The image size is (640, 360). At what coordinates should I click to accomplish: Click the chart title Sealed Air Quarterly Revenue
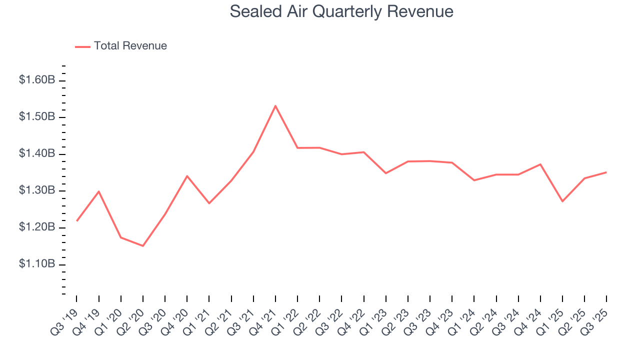coord(341,11)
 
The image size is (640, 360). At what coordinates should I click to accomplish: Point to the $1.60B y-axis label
coord(36,80)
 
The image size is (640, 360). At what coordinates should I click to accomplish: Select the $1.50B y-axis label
coord(36,117)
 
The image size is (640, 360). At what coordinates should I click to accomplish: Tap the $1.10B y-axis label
coord(36,264)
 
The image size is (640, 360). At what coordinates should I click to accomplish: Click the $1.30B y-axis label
coord(36,190)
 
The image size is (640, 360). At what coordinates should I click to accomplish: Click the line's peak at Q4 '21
coord(275,105)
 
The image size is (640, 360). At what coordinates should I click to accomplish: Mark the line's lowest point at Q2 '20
coord(143,246)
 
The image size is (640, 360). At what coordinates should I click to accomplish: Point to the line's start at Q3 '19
coord(76,220)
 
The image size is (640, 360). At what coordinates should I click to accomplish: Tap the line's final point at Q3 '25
coord(606,172)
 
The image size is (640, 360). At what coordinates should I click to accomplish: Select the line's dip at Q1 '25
coord(562,201)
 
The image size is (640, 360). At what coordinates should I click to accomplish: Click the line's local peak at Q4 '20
coord(187,176)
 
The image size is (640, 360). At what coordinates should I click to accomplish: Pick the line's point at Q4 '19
coord(99,191)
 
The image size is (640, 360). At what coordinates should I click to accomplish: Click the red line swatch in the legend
coord(82,46)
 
